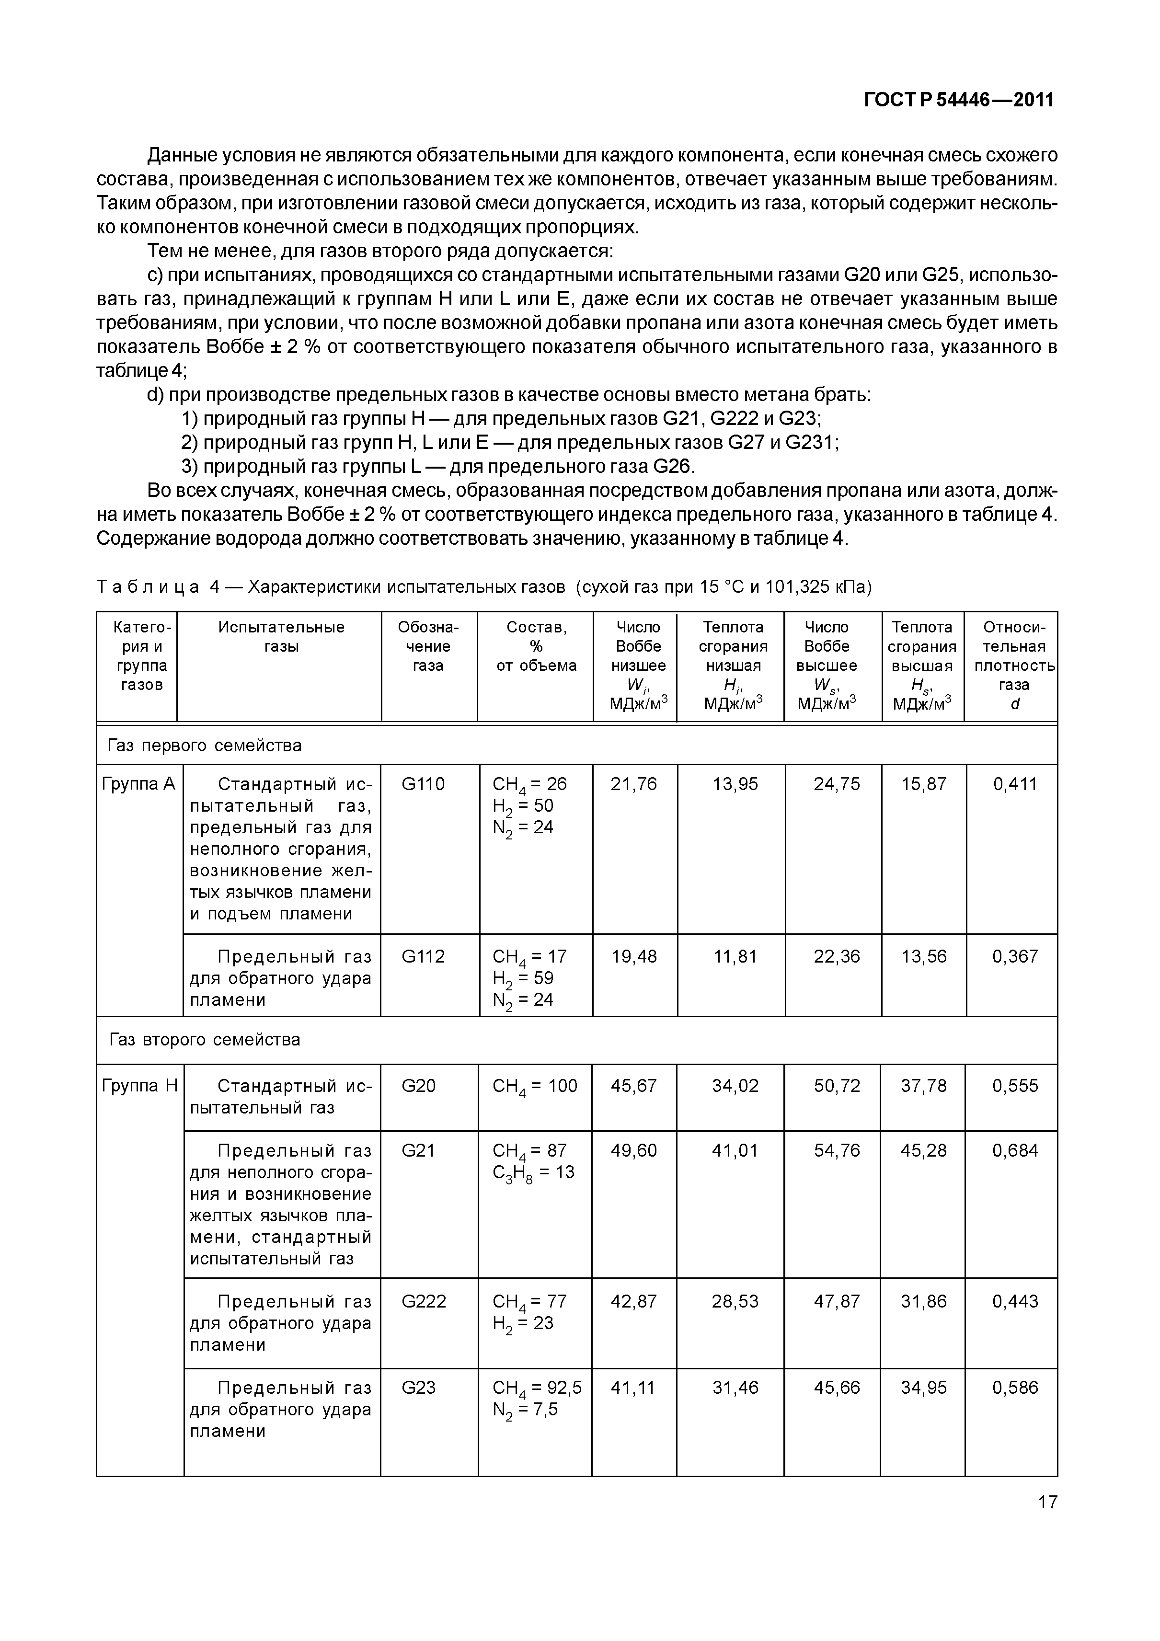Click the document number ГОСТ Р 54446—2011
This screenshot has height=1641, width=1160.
coord(958,99)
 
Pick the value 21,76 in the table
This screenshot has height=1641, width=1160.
coord(633,784)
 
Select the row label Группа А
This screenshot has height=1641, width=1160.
coord(138,784)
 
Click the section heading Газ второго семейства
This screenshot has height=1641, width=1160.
coord(205,1039)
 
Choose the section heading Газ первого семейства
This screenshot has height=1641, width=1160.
coord(205,746)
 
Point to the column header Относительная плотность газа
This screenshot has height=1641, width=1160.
coord(1013,665)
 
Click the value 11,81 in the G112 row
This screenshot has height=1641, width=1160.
coord(735,956)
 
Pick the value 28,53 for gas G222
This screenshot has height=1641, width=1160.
coord(735,1301)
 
